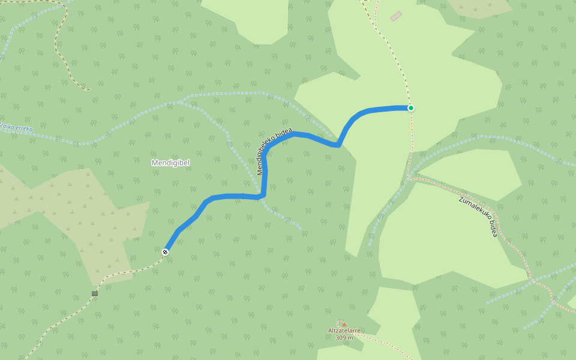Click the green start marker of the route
411,108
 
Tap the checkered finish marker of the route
165,252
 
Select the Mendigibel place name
171,163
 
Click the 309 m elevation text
344,338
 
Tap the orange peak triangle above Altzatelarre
344,324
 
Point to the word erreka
25,128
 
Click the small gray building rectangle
396,16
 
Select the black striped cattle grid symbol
95,293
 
